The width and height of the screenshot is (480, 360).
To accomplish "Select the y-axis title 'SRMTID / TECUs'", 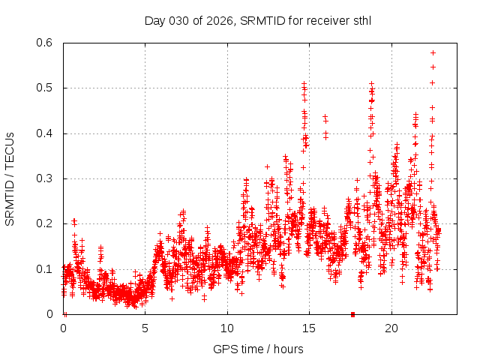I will pos(10,178).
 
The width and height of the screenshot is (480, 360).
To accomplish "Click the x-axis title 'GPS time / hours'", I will pos(258,349).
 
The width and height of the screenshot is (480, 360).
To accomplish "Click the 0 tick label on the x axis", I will pos(63,328).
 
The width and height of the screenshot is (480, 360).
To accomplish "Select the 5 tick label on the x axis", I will pos(145,328).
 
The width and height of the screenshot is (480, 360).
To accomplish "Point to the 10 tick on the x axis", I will pos(227,328).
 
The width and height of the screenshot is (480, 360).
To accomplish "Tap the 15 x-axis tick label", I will pos(309,328).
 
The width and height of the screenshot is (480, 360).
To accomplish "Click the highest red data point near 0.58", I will pos(433,52).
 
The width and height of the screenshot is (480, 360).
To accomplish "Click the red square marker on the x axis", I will pos(352,313).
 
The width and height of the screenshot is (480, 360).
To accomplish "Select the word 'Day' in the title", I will pos(154,19).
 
